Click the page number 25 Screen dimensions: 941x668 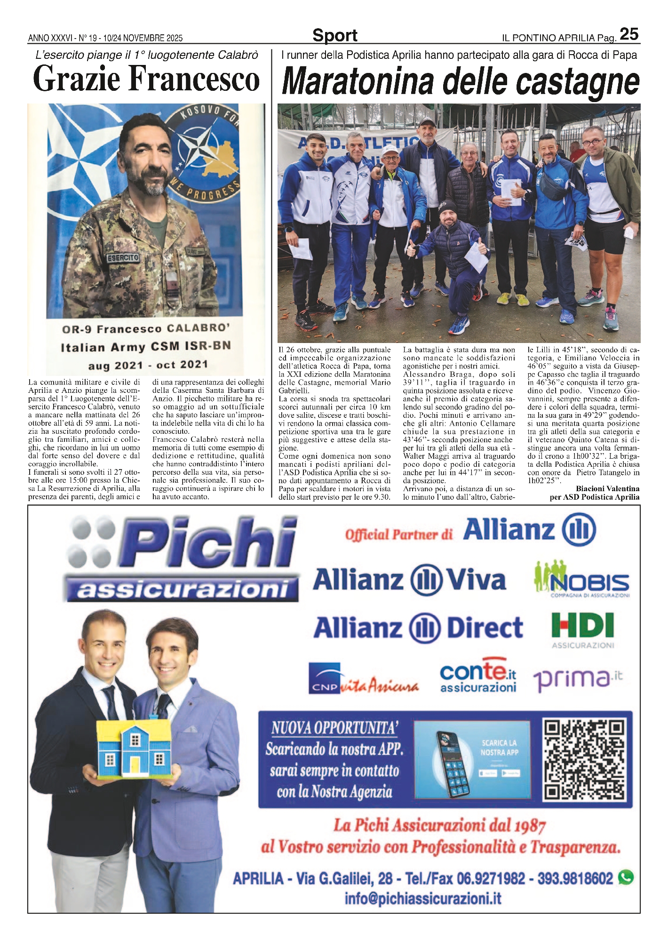click(x=629, y=34)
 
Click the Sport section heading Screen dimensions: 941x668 click(x=334, y=35)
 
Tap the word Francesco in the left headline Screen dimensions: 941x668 click(x=194, y=79)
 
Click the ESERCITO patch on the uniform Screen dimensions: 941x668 click(x=123, y=258)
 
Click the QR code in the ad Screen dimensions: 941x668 click(x=585, y=760)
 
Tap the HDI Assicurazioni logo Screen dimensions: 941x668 click(x=582, y=630)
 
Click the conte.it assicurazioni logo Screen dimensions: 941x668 click(x=478, y=676)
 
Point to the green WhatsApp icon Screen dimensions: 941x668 click(x=626, y=877)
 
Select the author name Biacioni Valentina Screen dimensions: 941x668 click(x=607, y=489)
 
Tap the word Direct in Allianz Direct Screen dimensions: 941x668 click(x=485, y=629)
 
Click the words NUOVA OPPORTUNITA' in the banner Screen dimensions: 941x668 click(x=334, y=728)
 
